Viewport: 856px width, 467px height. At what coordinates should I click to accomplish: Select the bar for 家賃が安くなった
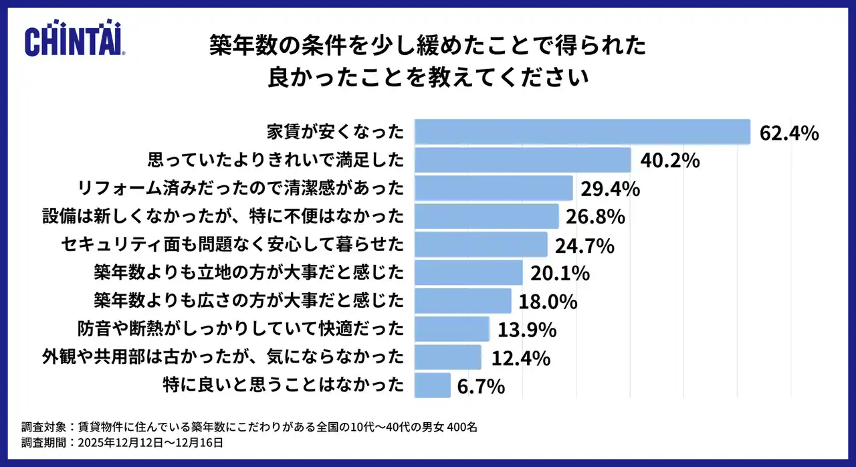point(582,132)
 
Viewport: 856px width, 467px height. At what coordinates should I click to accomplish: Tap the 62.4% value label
point(789,132)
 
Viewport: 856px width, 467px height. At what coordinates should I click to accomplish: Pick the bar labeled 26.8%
point(486,216)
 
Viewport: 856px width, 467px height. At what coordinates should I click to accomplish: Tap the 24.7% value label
point(584,246)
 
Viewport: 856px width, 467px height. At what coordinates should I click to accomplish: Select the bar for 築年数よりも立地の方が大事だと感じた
point(468,272)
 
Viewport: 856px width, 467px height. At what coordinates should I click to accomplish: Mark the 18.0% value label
point(547,302)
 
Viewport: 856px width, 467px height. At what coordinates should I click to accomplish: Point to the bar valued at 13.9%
point(452,329)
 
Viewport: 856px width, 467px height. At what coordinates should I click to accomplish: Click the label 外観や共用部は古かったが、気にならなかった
point(223,357)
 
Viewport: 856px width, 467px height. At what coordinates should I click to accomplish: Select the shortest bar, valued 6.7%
point(433,385)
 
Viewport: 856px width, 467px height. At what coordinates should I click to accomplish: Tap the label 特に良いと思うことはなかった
point(284,385)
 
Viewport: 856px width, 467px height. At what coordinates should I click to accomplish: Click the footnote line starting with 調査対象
point(249,427)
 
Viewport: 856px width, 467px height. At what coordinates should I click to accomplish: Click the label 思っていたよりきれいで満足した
point(275,160)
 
